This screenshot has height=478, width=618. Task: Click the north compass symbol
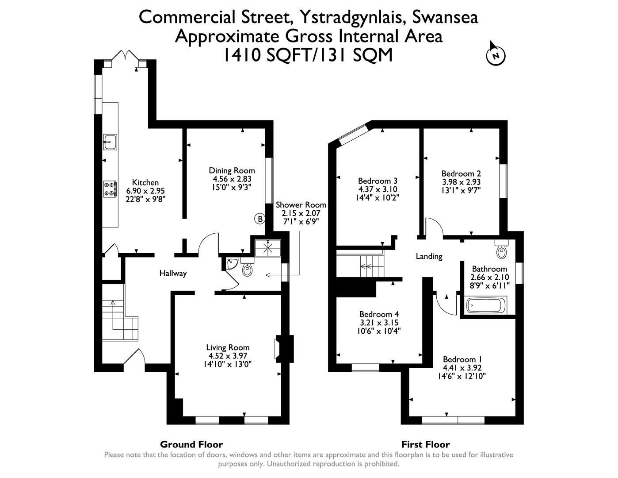point(496,55)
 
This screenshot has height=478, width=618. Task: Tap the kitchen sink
point(110,142)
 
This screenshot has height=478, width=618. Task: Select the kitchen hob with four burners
point(110,189)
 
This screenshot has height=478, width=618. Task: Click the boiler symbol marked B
point(260,219)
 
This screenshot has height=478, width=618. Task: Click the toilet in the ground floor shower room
point(248,269)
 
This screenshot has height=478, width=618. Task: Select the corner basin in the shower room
point(231,264)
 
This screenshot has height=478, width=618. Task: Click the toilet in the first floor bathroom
point(502,250)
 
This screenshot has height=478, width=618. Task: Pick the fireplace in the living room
point(283,347)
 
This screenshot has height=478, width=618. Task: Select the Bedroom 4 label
point(379,314)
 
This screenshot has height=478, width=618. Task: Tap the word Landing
point(429,256)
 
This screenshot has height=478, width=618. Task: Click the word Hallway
point(173,274)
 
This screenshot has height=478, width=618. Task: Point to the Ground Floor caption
point(191,444)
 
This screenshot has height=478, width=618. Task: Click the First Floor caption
point(425,444)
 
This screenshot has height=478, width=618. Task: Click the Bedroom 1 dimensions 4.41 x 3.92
point(462,368)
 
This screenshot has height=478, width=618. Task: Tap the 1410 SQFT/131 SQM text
point(308,55)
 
